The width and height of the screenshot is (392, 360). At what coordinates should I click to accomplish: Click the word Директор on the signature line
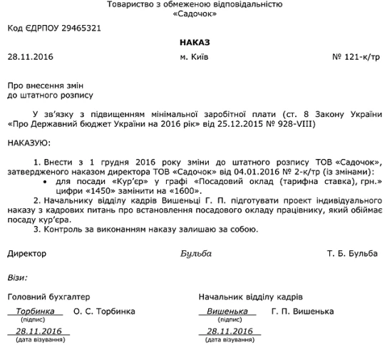pyautogui.click(x=26, y=254)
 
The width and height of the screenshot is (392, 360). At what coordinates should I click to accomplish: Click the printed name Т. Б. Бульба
pyautogui.click(x=353, y=254)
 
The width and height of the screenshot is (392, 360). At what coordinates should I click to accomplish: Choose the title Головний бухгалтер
pyautogui.click(x=48, y=296)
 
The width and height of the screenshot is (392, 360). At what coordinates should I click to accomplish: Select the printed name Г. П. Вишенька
pyautogui.click(x=302, y=312)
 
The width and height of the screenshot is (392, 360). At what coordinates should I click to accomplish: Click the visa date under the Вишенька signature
pyautogui.click(x=230, y=331)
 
